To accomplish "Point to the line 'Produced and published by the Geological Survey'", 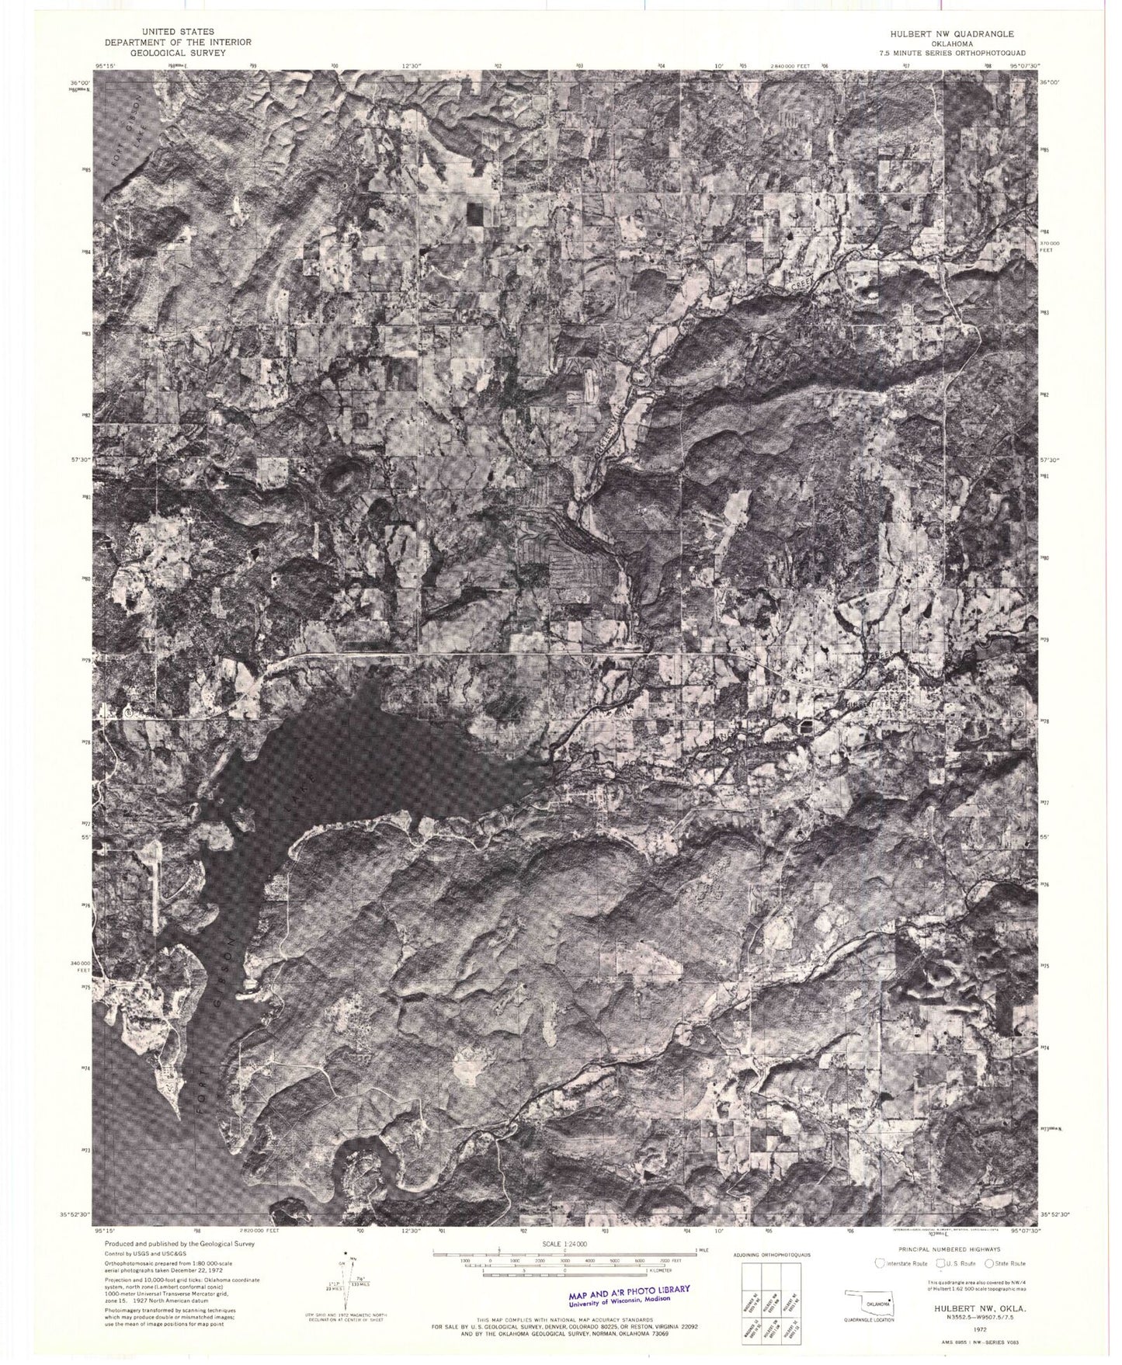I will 179,1243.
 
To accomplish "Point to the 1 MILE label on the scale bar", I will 702,1249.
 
